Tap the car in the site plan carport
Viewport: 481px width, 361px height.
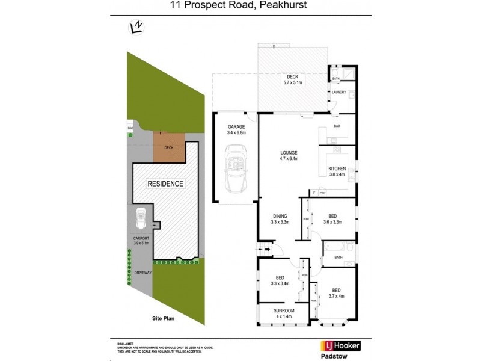(x=141, y=218)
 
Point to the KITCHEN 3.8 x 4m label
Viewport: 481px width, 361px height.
(x=337, y=171)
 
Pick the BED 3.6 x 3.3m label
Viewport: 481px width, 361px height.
(x=331, y=218)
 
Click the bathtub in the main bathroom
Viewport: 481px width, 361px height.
(x=334, y=247)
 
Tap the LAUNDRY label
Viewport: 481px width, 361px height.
(x=339, y=92)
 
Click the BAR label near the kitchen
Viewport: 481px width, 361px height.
(x=337, y=126)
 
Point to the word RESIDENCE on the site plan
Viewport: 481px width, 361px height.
(x=166, y=184)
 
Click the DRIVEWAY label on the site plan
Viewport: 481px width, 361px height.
(x=142, y=273)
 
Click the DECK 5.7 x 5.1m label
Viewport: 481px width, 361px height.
(x=292, y=79)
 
